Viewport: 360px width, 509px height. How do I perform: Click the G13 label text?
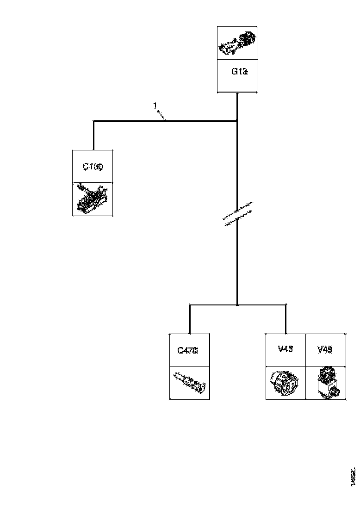click(x=237, y=72)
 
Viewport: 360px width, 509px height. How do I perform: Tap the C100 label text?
click(x=93, y=166)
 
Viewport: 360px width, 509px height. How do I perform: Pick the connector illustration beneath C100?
click(x=93, y=199)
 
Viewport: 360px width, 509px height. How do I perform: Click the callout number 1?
click(x=155, y=106)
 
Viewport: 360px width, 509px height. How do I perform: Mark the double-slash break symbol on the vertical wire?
click(x=237, y=215)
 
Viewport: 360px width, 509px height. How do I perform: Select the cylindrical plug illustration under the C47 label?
click(x=189, y=383)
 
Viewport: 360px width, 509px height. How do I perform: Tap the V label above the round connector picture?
click(x=286, y=349)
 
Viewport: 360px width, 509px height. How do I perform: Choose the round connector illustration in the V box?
click(x=286, y=383)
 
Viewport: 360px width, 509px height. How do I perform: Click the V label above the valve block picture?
click(x=325, y=349)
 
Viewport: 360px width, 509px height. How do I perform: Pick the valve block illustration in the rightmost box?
click(x=326, y=383)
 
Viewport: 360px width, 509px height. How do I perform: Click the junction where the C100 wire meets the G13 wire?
click(x=237, y=122)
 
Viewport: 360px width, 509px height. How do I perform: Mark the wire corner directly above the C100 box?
click(x=94, y=122)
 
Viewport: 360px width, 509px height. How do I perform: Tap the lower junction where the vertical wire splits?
click(x=237, y=305)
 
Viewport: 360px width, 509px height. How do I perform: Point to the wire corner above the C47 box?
click(x=190, y=305)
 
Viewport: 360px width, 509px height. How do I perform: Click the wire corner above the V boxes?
click(x=286, y=305)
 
